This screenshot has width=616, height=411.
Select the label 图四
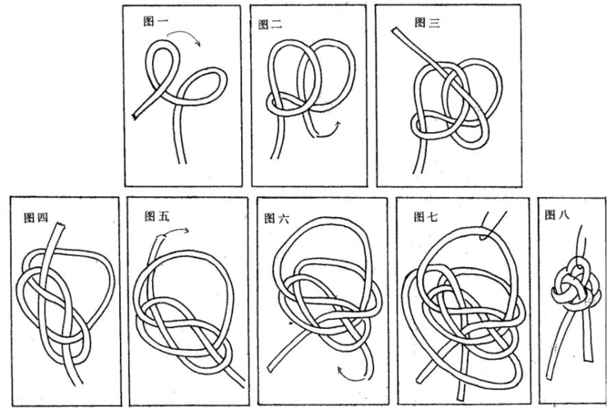(x=35, y=218)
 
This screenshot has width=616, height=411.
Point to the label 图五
(x=156, y=216)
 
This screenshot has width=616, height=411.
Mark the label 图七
(x=427, y=217)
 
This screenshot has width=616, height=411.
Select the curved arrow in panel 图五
(x=171, y=235)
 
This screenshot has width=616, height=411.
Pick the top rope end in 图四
(x=55, y=229)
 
